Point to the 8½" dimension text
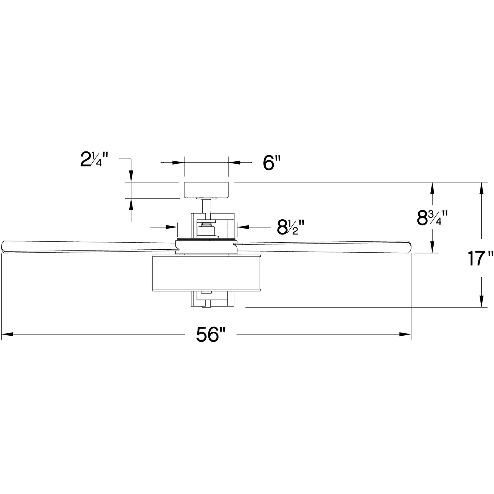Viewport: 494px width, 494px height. (x=290, y=227)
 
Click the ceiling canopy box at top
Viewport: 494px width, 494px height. (x=206, y=190)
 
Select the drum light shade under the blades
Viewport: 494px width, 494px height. (x=206, y=273)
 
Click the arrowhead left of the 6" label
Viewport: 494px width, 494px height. (x=178, y=163)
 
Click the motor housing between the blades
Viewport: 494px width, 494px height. (x=206, y=246)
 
